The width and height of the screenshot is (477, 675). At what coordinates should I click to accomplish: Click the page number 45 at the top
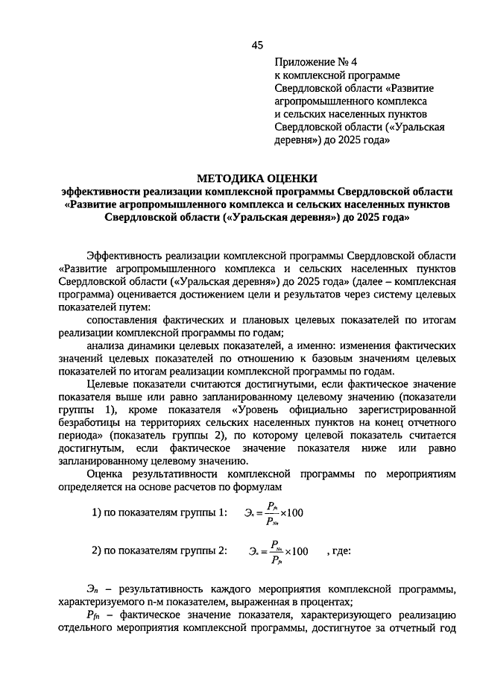(x=257, y=45)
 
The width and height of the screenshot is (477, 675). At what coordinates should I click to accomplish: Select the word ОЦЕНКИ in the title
(x=290, y=178)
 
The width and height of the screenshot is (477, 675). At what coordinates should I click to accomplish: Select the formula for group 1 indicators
(x=273, y=514)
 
